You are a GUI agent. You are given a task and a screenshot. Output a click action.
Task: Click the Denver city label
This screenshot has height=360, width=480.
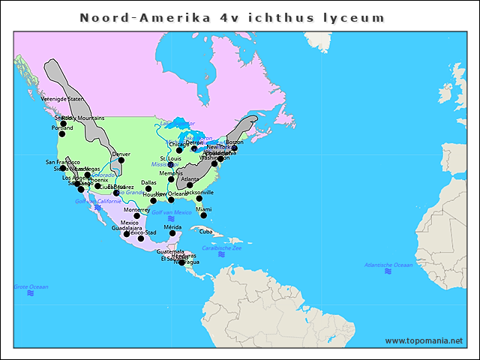point(121,154)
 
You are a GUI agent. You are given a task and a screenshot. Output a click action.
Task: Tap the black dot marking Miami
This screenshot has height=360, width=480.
point(203,215)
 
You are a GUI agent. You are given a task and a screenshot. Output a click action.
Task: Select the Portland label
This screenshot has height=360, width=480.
point(62,127)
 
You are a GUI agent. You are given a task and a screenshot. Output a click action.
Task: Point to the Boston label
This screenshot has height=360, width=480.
point(235,142)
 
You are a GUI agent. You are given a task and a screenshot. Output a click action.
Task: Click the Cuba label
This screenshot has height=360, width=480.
point(206,231)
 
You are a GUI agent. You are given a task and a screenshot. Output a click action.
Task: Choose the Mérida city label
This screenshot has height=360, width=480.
point(173,226)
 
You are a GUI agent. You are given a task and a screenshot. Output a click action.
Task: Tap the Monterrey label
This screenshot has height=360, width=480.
point(137,210)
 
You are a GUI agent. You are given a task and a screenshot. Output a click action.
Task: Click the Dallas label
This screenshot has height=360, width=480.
point(148,182)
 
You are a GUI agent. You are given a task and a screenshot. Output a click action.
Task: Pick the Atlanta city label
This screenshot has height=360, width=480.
point(190,179)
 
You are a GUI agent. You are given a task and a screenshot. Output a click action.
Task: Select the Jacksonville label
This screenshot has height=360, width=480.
point(199,192)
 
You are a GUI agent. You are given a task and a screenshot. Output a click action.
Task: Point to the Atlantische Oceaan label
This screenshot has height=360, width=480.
point(388,264)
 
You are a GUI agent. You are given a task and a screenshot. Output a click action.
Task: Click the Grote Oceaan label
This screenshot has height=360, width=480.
point(31,286)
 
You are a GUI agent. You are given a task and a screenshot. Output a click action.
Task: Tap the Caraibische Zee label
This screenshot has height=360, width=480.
point(222,247)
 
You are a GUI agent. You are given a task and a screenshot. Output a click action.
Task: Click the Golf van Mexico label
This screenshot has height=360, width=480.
point(172,212)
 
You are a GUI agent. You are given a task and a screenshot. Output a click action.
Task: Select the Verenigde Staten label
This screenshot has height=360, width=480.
point(62,98)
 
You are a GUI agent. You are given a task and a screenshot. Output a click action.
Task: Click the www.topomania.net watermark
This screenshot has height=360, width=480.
point(424,340)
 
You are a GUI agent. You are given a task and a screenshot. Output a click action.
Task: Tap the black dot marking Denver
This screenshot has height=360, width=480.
point(121,160)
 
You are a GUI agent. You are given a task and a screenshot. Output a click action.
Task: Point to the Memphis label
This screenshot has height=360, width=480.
point(171,173)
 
